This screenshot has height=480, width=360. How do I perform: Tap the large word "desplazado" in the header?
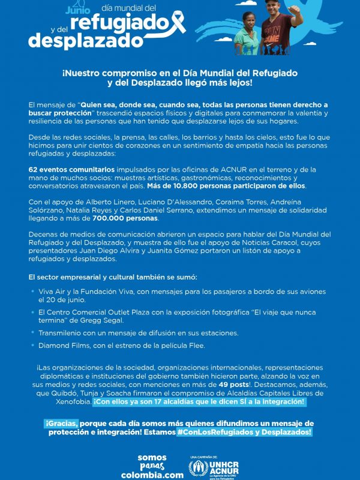pyautogui.click(x=86, y=40)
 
